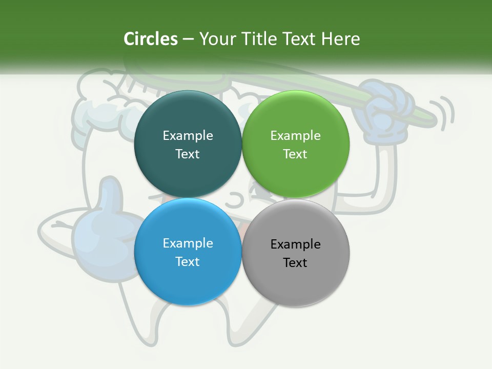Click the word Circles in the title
point(150,39)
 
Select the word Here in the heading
point(341,39)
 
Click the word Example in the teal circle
point(188,135)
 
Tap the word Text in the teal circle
point(188,154)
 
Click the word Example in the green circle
point(296,135)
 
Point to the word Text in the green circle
point(296,154)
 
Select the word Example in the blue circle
point(188,243)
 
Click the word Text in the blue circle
point(188,261)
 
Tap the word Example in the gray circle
point(296,244)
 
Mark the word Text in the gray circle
point(296,262)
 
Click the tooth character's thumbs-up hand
point(102,225)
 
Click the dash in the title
point(188,39)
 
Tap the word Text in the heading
point(300,39)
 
